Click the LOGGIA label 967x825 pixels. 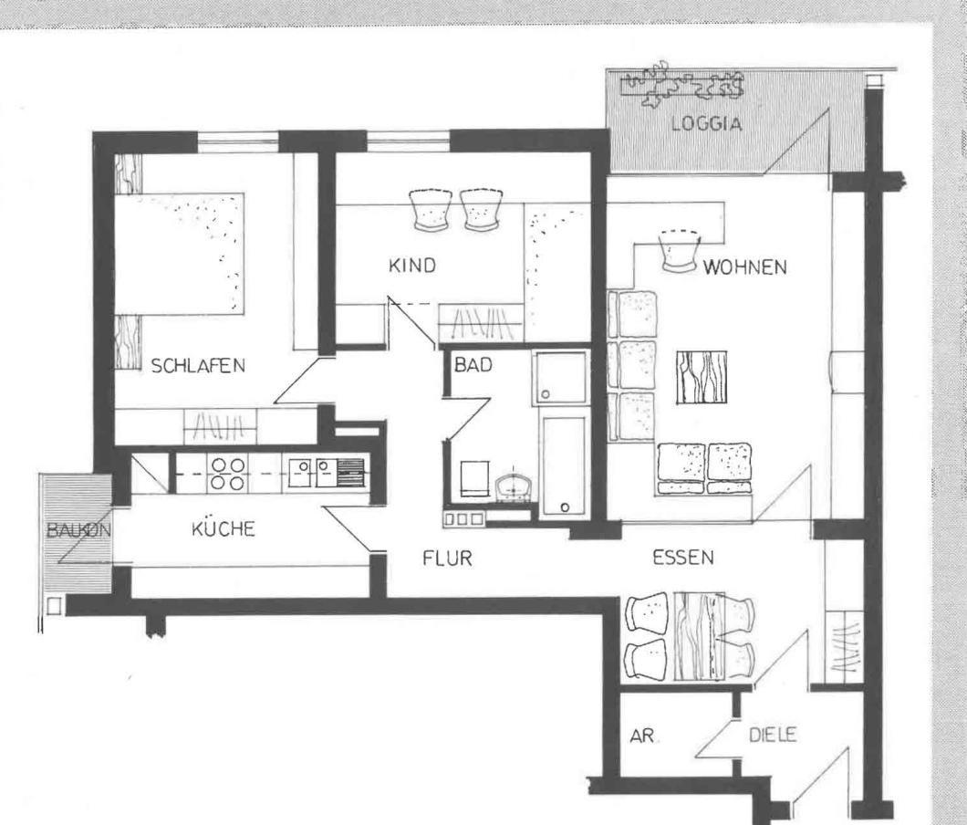706,123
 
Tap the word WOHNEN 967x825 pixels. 745,267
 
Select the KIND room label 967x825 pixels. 412,266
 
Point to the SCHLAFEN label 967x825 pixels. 198,365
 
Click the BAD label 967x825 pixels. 473,365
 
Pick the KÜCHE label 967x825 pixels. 223,528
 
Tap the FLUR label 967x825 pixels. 447,559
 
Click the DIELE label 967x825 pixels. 773,735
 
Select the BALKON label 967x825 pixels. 79,529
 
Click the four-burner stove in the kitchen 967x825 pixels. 227,474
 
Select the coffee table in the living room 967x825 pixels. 702,377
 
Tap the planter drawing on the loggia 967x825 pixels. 683,85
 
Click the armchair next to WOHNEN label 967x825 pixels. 681,251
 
